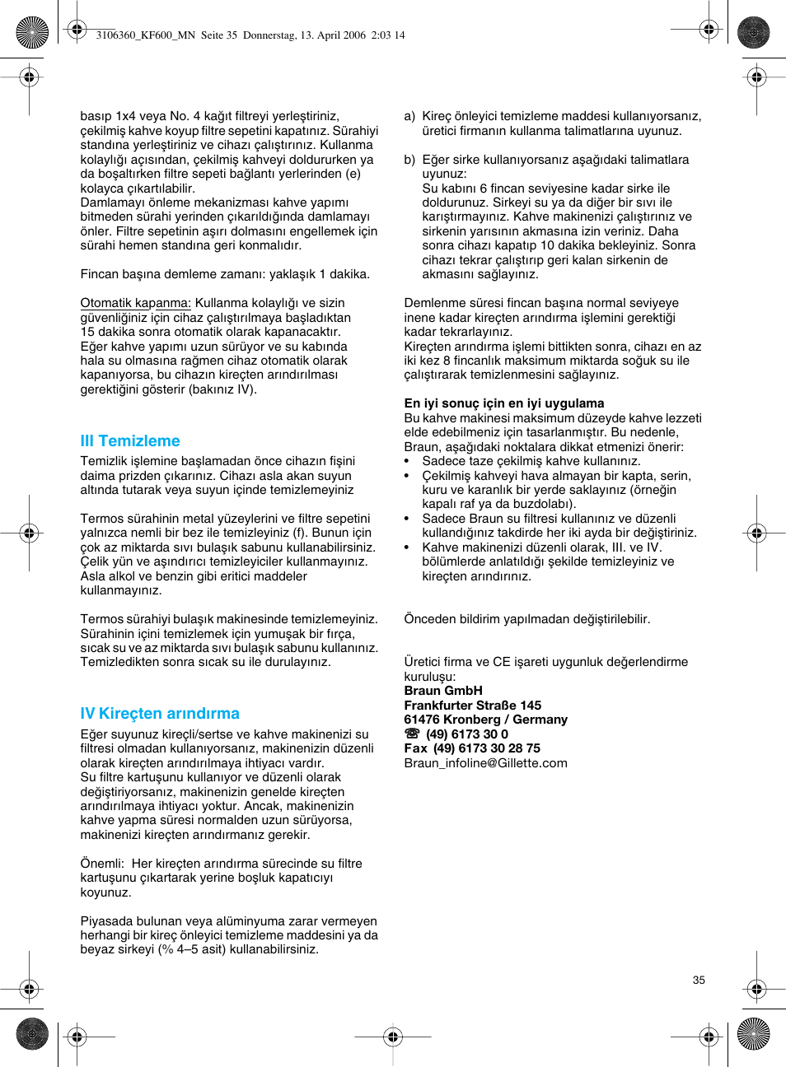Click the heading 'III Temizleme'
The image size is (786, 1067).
[130, 441]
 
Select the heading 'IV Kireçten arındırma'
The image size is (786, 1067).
[160, 714]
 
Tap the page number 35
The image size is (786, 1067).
[699, 980]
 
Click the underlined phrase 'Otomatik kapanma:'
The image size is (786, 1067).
[135, 303]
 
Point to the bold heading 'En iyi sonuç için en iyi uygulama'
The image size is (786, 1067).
[503, 403]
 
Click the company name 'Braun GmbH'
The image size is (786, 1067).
[443, 691]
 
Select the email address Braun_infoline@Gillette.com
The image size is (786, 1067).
[485, 763]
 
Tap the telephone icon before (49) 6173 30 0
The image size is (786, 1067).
[412, 734]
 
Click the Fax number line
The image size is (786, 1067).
[472, 748]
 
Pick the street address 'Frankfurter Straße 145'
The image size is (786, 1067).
[472, 706]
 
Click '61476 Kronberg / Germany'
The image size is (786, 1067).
[485, 720]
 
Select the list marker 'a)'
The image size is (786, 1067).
[409, 116]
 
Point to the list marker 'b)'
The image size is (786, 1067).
[409, 160]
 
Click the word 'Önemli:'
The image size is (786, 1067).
[102, 864]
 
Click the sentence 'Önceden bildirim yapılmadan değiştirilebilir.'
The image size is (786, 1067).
[526, 619]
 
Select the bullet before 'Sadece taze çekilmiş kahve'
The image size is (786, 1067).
[407, 462]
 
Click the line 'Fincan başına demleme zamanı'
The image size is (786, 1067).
[225, 274]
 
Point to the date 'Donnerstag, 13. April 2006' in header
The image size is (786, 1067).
[304, 35]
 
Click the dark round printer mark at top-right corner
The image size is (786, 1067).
[753, 33]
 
